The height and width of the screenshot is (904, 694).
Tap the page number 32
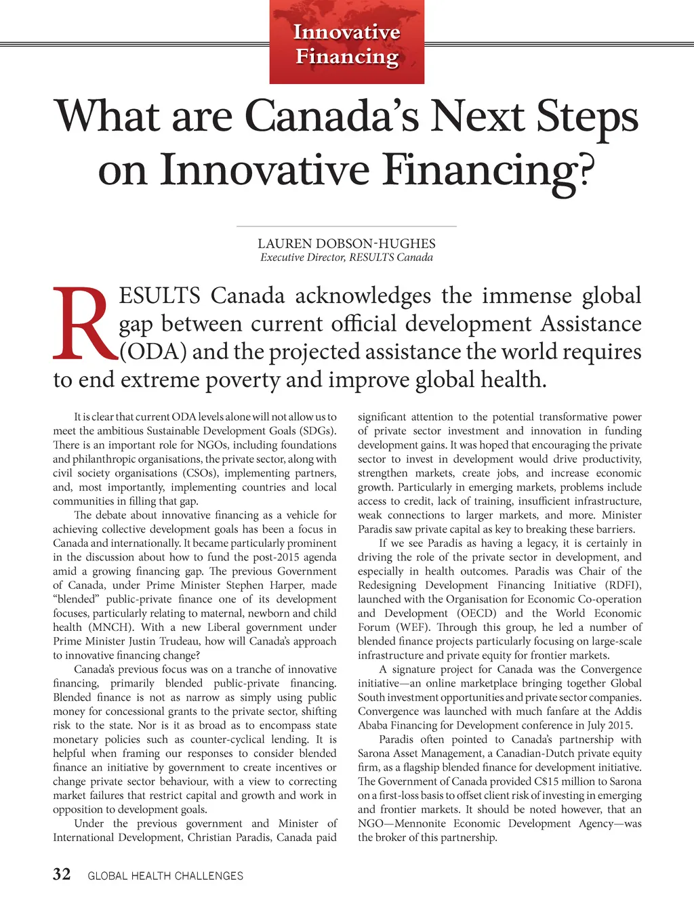pyautogui.click(x=62, y=875)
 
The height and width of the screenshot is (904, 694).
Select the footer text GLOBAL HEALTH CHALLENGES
pyautogui.click(x=165, y=876)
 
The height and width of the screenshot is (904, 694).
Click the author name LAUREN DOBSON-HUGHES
pyautogui.click(x=346, y=243)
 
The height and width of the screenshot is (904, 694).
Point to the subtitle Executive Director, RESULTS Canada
pyautogui.click(x=346, y=258)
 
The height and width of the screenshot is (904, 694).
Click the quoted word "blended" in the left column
pyautogui.click(x=77, y=599)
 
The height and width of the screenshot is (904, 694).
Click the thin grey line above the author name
pyautogui.click(x=346, y=226)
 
